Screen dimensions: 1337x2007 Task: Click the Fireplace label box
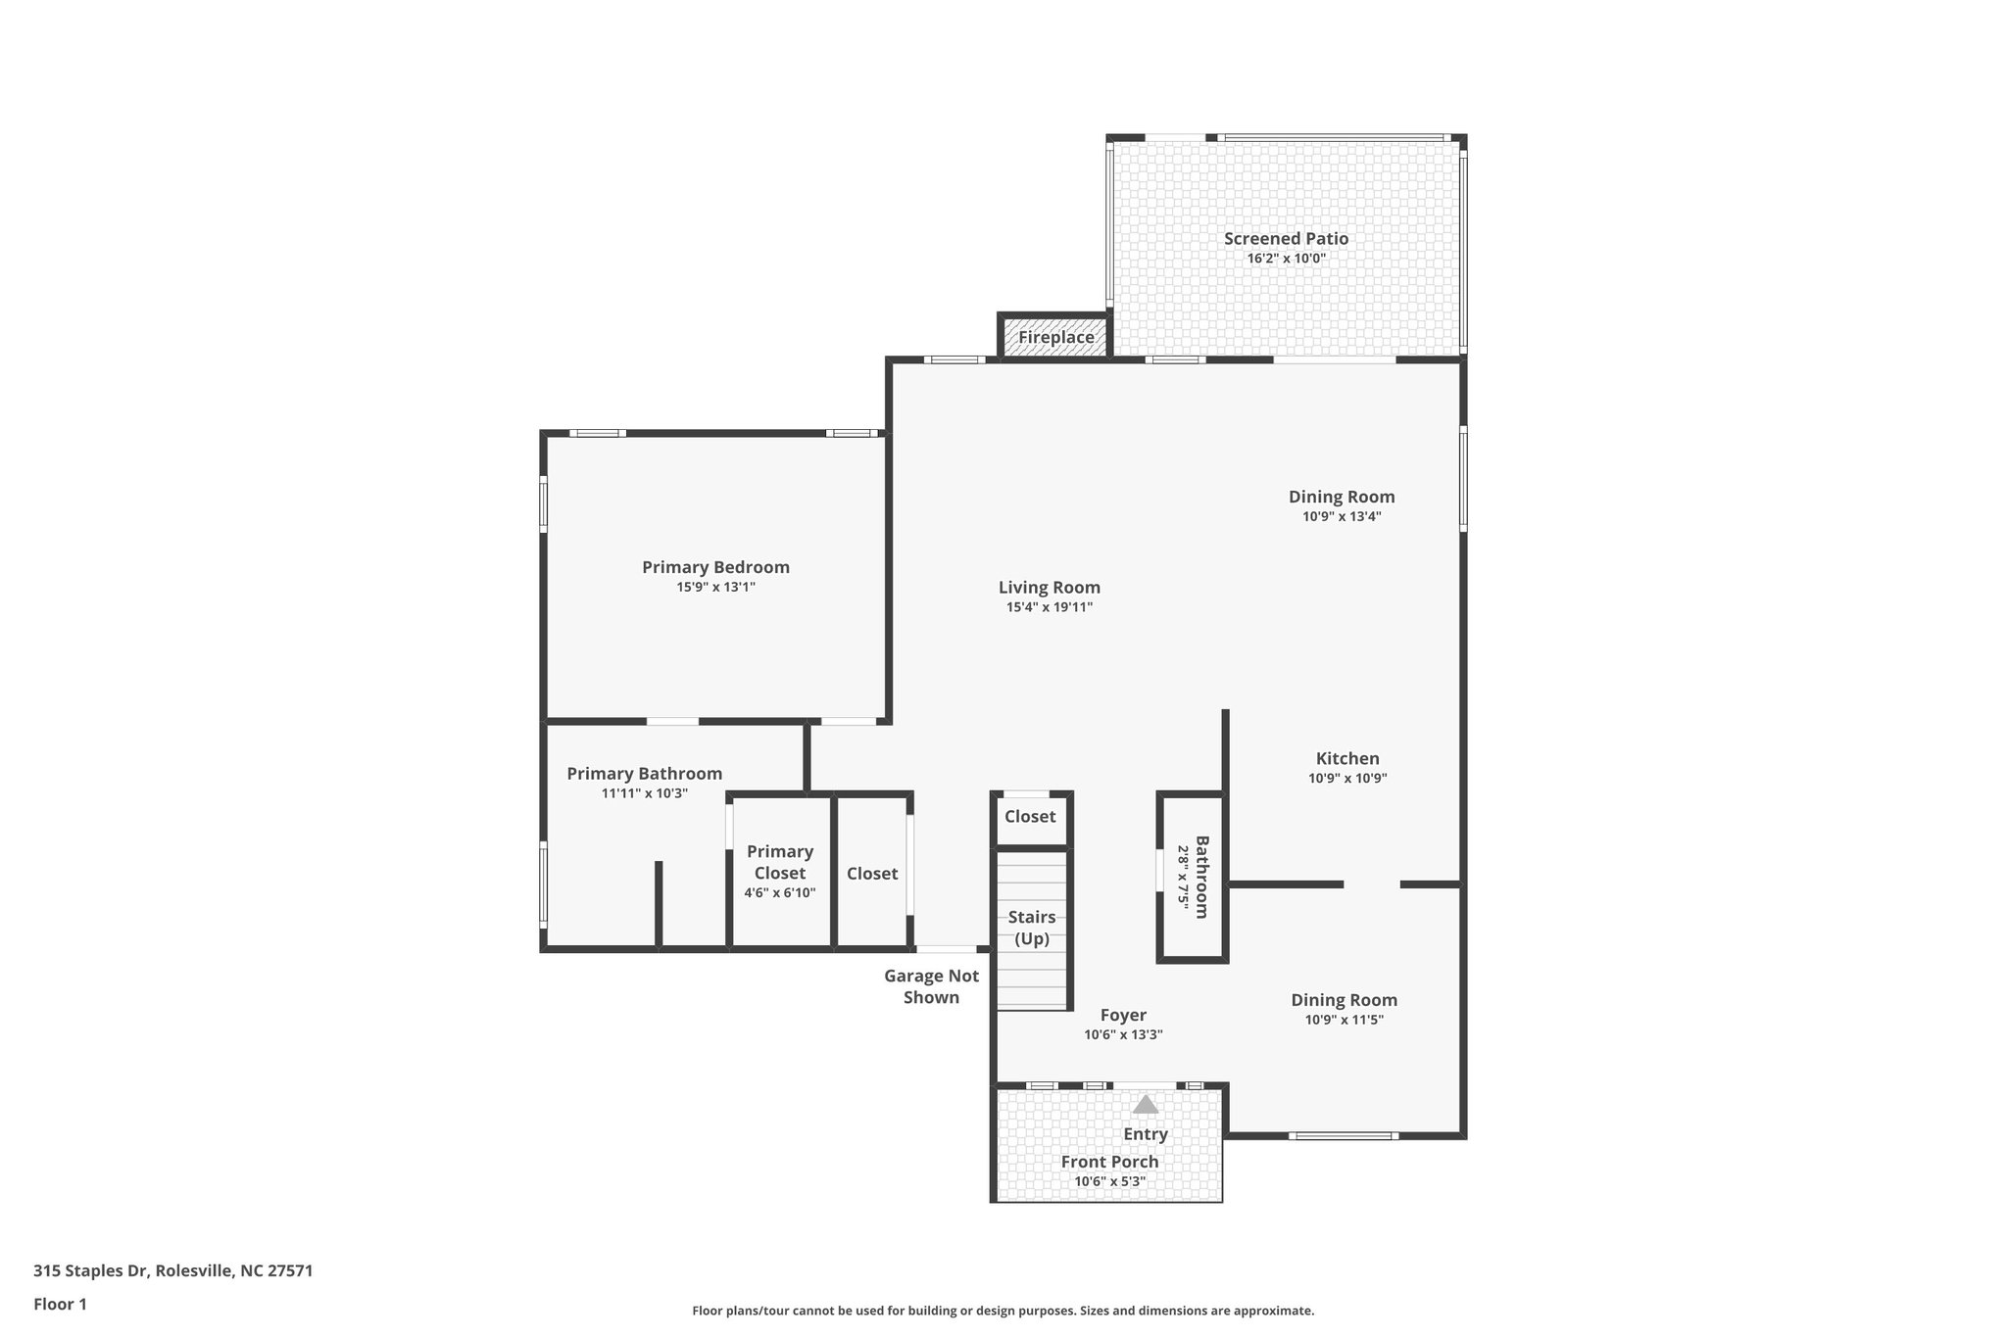click(x=1055, y=337)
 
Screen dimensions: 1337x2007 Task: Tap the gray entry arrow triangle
click(x=1146, y=1105)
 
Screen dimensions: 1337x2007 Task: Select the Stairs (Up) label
click(x=1032, y=928)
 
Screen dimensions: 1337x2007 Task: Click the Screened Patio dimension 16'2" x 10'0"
click(x=1286, y=259)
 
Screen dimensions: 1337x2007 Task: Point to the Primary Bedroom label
click(x=715, y=567)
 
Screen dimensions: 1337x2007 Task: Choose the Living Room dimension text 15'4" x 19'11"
click(x=1049, y=607)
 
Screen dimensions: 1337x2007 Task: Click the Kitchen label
click(x=1347, y=758)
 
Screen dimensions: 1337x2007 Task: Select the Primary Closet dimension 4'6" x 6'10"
click(x=779, y=892)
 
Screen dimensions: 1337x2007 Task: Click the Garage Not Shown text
click(x=931, y=986)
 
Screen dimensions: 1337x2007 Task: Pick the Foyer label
click(x=1123, y=1015)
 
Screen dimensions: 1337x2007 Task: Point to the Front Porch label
click(x=1109, y=1162)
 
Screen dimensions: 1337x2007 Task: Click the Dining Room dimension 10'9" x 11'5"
click(x=1344, y=1020)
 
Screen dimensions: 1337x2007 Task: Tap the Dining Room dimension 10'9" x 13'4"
click(x=1342, y=516)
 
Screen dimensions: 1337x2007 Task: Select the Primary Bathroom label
click(x=644, y=774)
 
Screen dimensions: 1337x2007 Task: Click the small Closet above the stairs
click(x=1030, y=816)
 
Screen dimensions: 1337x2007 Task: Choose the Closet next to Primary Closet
click(x=872, y=873)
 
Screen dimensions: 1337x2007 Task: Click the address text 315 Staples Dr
click(x=172, y=1271)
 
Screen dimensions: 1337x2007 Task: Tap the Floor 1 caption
click(x=60, y=1304)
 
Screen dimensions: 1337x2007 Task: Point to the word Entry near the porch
click(x=1146, y=1134)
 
